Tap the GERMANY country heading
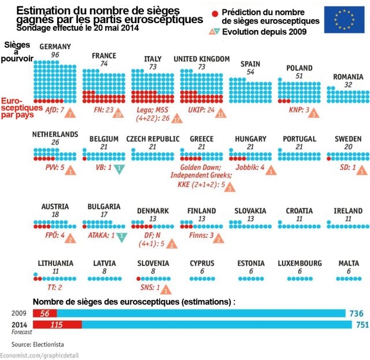[x=55, y=47]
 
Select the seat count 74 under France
[x=104, y=64]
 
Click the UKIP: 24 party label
[x=198, y=110]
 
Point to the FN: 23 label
[x=103, y=110]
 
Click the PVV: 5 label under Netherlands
[x=55, y=168]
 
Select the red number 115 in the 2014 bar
[x=56, y=325]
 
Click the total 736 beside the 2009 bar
[x=356, y=313]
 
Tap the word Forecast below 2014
[x=21, y=332]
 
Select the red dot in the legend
[x=214, y=12]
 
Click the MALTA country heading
[x=349, y=263]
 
